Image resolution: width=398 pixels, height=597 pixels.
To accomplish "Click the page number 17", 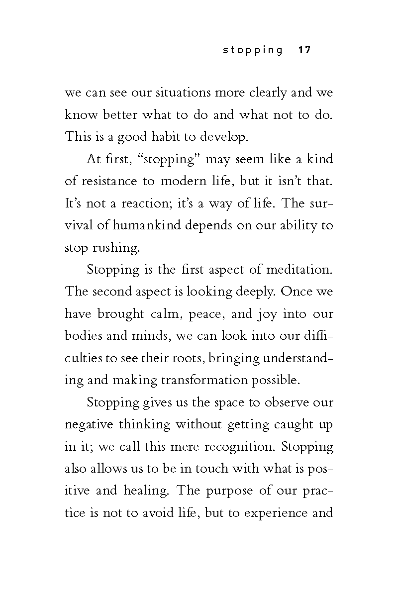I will (x=304, y=50).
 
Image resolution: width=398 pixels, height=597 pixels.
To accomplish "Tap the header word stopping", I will (x=253, y=50).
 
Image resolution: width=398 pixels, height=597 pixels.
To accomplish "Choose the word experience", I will (x=277, y=513).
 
